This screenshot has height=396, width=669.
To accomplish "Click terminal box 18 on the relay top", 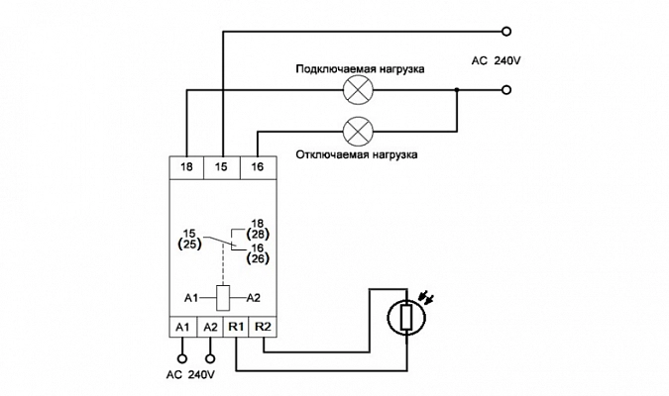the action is (x=186, y=167).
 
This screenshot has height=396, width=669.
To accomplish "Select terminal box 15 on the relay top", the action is (x=222, y=167).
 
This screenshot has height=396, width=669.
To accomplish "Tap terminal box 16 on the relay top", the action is (x=258, y=167).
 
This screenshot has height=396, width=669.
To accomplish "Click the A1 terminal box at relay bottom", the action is (x=182, y=327).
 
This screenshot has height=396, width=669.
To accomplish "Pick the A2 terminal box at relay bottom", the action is (x=210, y=327).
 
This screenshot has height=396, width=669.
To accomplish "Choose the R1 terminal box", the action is (x=236, y=327).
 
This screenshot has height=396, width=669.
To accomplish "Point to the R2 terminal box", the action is (x=263, y=327).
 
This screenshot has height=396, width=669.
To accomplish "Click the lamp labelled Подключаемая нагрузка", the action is (x=358, y=90).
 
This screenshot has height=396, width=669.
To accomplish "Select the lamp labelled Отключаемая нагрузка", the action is (x=358, y=131).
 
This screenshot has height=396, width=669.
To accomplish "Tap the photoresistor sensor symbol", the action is (x=406, y=317).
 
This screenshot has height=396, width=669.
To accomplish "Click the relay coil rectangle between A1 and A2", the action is (x=223, y=298).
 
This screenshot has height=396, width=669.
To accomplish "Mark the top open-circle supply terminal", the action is (x=506, y=31).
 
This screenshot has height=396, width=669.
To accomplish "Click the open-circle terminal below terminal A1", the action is (x=182, y=358).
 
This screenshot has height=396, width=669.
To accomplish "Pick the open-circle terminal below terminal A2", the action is (x=209, y=358).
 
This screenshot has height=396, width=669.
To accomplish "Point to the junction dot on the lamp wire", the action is (x=457, y=90).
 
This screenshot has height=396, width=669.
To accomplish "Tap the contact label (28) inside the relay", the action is (x=258, y=234).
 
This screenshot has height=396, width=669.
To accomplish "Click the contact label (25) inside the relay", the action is (x=189, y=245).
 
